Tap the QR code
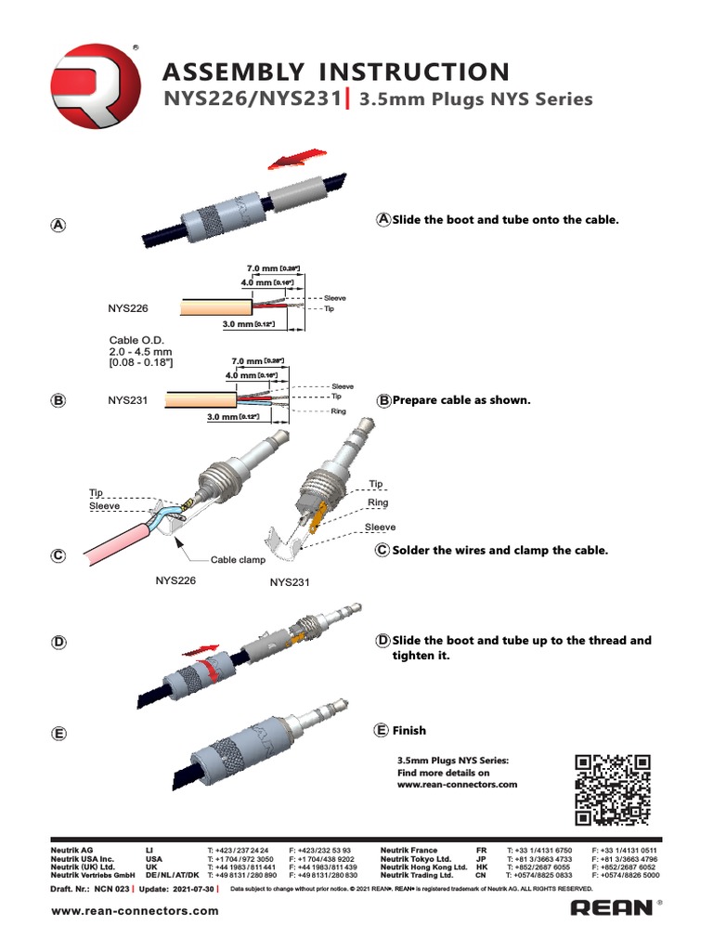click(x=611, y=788)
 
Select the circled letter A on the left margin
click(x=58, y=226)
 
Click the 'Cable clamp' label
click(x=238, y=560)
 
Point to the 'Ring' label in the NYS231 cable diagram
click(x=338, y=409)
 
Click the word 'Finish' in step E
click(x=408, y=731)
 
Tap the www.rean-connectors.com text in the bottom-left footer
click(x=135, y=911)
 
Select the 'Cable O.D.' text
click(x=136, y=341)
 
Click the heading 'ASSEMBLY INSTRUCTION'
click(x=336, y=72)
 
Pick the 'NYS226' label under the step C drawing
click(x=178, y=580)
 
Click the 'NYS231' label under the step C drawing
click(x=290, y=583)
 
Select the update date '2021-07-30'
click(x=191, y=889)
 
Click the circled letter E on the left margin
click(x=58, y=734)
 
